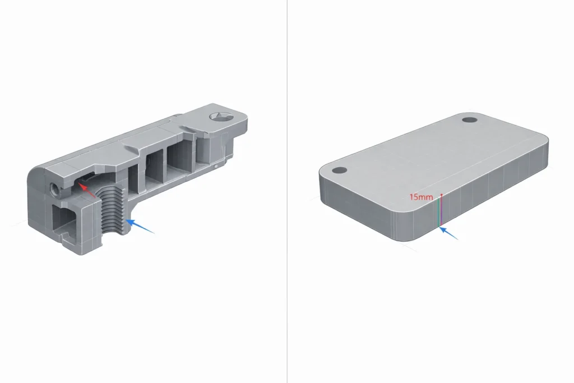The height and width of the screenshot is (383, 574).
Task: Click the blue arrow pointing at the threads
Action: pos(140,227)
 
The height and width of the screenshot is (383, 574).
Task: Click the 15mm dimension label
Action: pos(421,197)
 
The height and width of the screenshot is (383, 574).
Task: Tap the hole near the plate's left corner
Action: pos(338,170)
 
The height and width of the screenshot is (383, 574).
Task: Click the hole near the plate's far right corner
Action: pos(469,120)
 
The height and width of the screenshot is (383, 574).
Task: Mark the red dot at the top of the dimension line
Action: pos(442,195)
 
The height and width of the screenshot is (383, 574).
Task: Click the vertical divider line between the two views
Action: pos(287,191)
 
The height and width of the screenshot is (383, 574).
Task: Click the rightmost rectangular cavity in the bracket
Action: pos(180,155)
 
